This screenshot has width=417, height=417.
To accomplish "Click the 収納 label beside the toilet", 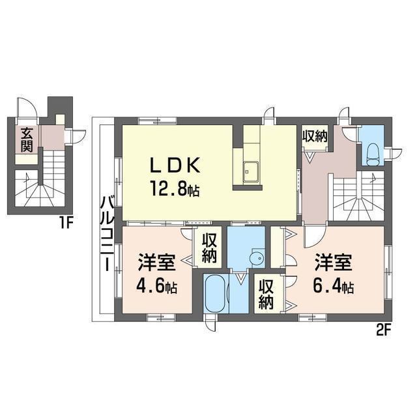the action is (x=314, y=136).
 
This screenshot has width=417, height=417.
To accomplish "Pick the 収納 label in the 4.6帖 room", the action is (x=209, y=248).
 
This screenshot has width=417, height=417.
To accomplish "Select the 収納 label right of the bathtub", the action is (x=266, y=295).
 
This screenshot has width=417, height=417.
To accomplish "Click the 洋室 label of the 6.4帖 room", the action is (x=334, y=263).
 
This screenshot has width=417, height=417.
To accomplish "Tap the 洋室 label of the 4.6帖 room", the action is (x=156, y=263).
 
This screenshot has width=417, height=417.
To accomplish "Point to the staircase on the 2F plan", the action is (x=357, y=195).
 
